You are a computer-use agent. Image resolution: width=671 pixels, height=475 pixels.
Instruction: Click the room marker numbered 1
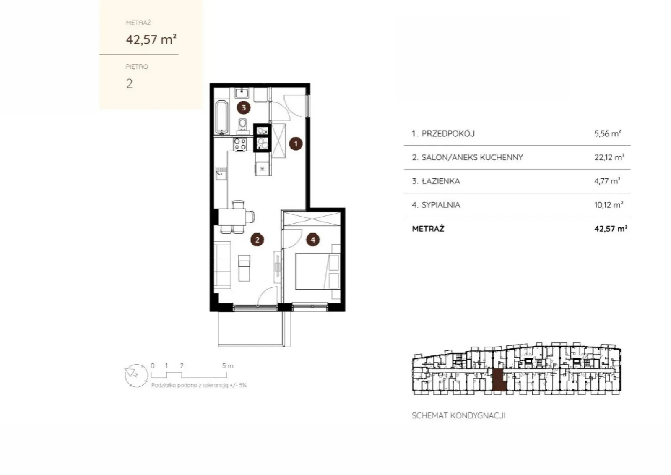click(296, 144)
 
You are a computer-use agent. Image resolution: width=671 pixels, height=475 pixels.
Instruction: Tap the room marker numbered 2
click(257, 240)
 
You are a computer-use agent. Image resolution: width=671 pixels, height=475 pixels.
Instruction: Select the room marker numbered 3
click(244, 107)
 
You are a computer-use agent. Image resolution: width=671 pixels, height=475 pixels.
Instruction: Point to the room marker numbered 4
click(313, 240)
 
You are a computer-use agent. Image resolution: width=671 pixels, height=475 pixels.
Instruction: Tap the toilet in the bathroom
click(243, 126)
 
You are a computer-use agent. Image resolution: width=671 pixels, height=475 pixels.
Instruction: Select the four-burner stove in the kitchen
click(240, 144)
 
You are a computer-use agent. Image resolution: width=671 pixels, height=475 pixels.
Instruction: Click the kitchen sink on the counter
click(221, 173)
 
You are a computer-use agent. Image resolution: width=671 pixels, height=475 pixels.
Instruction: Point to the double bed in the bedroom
click(317, 271)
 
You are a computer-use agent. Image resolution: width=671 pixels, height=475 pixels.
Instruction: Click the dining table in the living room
click(232, 217)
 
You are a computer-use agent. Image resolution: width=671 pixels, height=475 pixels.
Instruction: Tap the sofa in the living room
click(222, 265)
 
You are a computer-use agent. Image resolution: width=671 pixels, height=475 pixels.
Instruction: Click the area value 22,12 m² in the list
click(609, 157)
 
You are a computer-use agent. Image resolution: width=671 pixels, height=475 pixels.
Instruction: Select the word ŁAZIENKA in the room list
click(441, 181)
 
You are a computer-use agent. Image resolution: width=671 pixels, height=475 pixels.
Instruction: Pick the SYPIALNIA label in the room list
click(441, 205)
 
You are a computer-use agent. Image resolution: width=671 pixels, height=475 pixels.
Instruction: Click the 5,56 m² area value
click(608, 133)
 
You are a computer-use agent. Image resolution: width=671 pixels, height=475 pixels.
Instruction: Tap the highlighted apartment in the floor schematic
click(499, 380)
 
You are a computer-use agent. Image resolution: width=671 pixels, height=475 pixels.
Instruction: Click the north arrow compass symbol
click(136, 376)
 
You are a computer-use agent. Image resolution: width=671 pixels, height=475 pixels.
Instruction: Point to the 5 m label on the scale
click(227, 365)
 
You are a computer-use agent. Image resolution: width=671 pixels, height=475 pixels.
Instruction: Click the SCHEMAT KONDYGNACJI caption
click(458, 416)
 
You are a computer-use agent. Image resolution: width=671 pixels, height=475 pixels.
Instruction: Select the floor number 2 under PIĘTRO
click(129, 84)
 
